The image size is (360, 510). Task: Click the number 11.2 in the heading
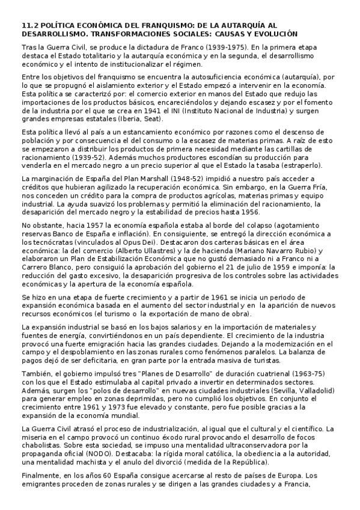[x=29, y=26]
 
